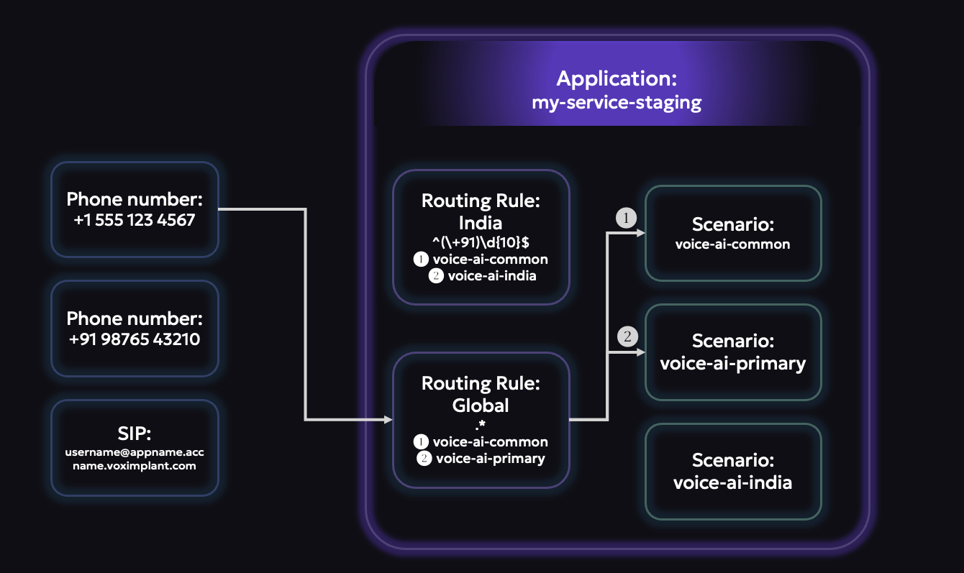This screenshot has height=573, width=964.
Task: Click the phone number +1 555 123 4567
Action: (135, 220)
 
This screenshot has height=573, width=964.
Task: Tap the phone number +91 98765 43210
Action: (135, 339)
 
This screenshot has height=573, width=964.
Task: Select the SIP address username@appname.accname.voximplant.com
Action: (135, 459)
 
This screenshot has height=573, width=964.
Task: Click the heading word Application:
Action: (617, 78)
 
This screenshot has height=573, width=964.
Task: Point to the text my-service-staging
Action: (617, 102)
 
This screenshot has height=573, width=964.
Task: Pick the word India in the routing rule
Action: (481, 222)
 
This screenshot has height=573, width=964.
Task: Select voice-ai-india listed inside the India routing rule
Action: (491, 276)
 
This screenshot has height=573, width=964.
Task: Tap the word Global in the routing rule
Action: (481, 405)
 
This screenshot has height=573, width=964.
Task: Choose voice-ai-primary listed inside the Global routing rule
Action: (490, 458)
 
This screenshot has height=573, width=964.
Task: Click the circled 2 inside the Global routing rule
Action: (424, 458)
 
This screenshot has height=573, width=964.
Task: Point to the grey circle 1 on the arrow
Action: (626, 218)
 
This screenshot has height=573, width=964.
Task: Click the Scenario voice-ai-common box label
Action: (732, 244)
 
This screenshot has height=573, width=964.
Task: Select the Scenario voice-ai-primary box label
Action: (732, 363)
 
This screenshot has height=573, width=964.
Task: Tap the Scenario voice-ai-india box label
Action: (732, 482)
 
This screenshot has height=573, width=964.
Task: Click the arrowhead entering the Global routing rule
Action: (388, 419)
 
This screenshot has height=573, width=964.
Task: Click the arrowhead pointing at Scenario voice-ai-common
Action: (640, 233)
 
